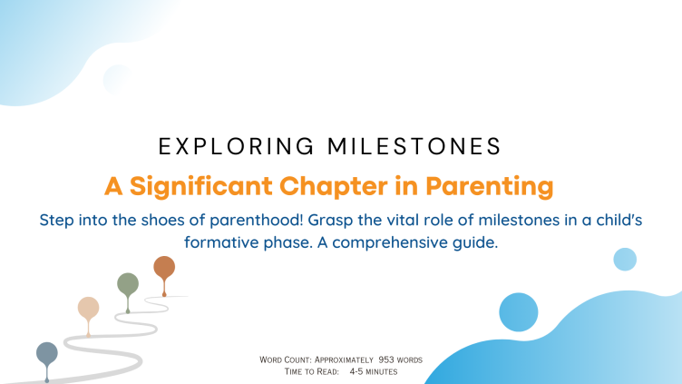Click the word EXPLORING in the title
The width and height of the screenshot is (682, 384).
[236, 146]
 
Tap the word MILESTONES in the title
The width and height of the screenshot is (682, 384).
[414, 146]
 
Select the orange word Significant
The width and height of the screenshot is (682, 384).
[201, 187]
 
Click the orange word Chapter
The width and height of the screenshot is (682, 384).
[333, 187]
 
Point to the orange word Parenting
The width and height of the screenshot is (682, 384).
[490, 187]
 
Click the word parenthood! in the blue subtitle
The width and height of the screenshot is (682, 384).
[256, 221]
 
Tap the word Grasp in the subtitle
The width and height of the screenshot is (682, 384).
[330, 221]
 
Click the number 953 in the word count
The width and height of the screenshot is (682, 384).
[385, 359]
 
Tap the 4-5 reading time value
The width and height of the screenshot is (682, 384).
[356, 372]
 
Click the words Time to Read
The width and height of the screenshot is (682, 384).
[311, 372]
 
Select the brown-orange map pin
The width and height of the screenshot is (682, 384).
[164, 267]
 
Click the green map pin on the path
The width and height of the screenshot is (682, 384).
[128, 283]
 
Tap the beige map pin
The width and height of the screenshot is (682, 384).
[88, 308]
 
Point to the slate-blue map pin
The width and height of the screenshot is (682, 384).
[47, 352]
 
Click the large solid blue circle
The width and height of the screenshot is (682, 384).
[519, 312]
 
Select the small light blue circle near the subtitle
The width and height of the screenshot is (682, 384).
[625, 260]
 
